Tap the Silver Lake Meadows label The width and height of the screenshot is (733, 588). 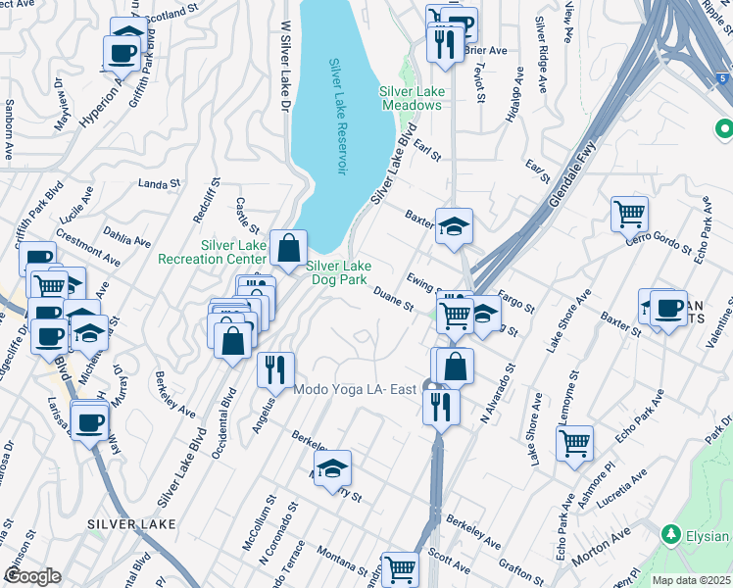(x=411, y=98)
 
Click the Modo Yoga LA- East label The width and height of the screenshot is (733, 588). (x=357, y=390)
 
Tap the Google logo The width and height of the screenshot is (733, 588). (x=32, y=576)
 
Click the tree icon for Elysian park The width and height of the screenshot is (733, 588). (x=671, y=535)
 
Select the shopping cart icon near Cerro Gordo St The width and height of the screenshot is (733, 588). (x=628, y=213)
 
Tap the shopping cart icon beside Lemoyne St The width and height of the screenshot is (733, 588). (x=574, y=441)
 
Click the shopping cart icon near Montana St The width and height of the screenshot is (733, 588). (x=400, y=568)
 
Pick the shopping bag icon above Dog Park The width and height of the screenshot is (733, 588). (x=289, y=248)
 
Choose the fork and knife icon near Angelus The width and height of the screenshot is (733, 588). (x=275, y=368)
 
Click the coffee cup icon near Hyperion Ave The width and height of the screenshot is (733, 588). (x=122, y=53)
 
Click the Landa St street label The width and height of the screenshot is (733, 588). (x=160, y=182)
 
